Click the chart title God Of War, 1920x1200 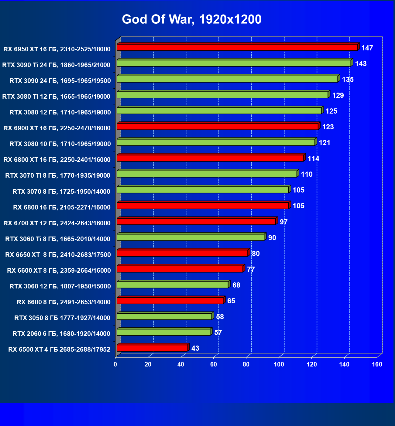192,19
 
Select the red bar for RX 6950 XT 237,47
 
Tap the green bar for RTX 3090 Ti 234,63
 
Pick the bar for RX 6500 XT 152,348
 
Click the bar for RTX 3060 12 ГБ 172,285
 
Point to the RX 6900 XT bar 217,126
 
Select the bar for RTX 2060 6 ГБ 163,332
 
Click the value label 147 367,48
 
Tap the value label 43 195,348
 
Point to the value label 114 313,158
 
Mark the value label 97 283,222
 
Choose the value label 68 236,285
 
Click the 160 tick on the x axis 377,364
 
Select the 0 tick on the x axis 115,364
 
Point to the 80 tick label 246,364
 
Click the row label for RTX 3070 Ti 58,176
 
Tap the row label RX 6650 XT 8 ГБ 58,255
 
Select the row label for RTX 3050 62,318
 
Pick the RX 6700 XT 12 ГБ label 57,223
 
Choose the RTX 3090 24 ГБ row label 60,81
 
